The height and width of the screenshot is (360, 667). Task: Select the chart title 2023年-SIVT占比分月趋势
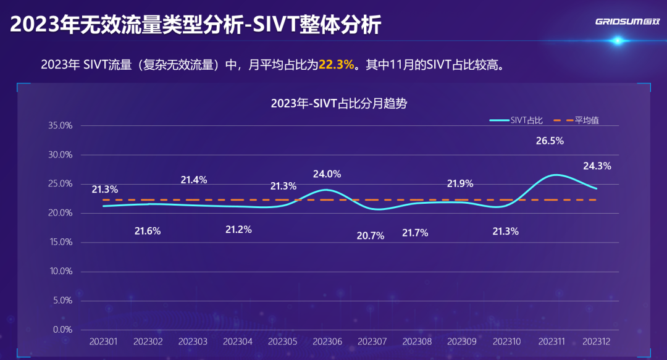coord(339,103)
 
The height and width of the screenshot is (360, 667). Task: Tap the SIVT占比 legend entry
coord(516,120)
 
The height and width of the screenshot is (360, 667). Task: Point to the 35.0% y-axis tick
coord(61,125)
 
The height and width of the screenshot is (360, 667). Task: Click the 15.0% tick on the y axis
coord(61,242)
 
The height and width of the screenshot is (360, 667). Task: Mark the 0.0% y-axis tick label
coord(62,330)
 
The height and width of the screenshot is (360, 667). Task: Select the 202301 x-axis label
coord(103,341)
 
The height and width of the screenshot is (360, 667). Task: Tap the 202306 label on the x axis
coord(327,341)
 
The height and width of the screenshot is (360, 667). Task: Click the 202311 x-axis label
coord(552,341)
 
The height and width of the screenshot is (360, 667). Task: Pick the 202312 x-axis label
coord(596,341)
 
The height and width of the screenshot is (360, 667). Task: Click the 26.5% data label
coord(550,141)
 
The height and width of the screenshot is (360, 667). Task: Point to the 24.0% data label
coord(327,174)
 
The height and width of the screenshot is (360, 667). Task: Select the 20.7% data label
coord(371,235)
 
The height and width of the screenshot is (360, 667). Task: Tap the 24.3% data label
coord(597,166)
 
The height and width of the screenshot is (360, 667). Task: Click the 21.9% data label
coord(460,183)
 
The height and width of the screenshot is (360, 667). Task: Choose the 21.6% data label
coord(148,231)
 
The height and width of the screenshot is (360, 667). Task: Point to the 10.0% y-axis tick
coord(61,271)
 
